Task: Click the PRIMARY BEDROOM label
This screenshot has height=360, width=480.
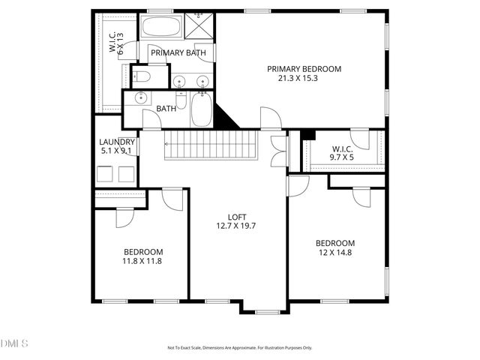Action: coord(304,68)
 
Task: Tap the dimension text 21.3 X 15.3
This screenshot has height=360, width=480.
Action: coord(304,78)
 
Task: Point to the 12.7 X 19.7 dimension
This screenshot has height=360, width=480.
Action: coord(237,226)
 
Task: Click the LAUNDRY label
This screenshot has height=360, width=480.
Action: coord(117,142)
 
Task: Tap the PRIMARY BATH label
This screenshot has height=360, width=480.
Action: coord(178,52)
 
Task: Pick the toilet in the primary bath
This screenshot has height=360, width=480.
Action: coord(142,76)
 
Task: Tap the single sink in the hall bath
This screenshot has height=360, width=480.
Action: coord(140,97)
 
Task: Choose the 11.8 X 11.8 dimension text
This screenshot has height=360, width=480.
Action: coord(142,261)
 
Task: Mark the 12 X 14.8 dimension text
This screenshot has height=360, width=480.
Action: coord(334,253)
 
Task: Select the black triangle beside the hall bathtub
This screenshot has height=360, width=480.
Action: coord(225,116)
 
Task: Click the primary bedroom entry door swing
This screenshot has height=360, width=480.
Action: coord(268,118)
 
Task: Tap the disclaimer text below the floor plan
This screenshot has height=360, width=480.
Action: coord(239,348)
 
